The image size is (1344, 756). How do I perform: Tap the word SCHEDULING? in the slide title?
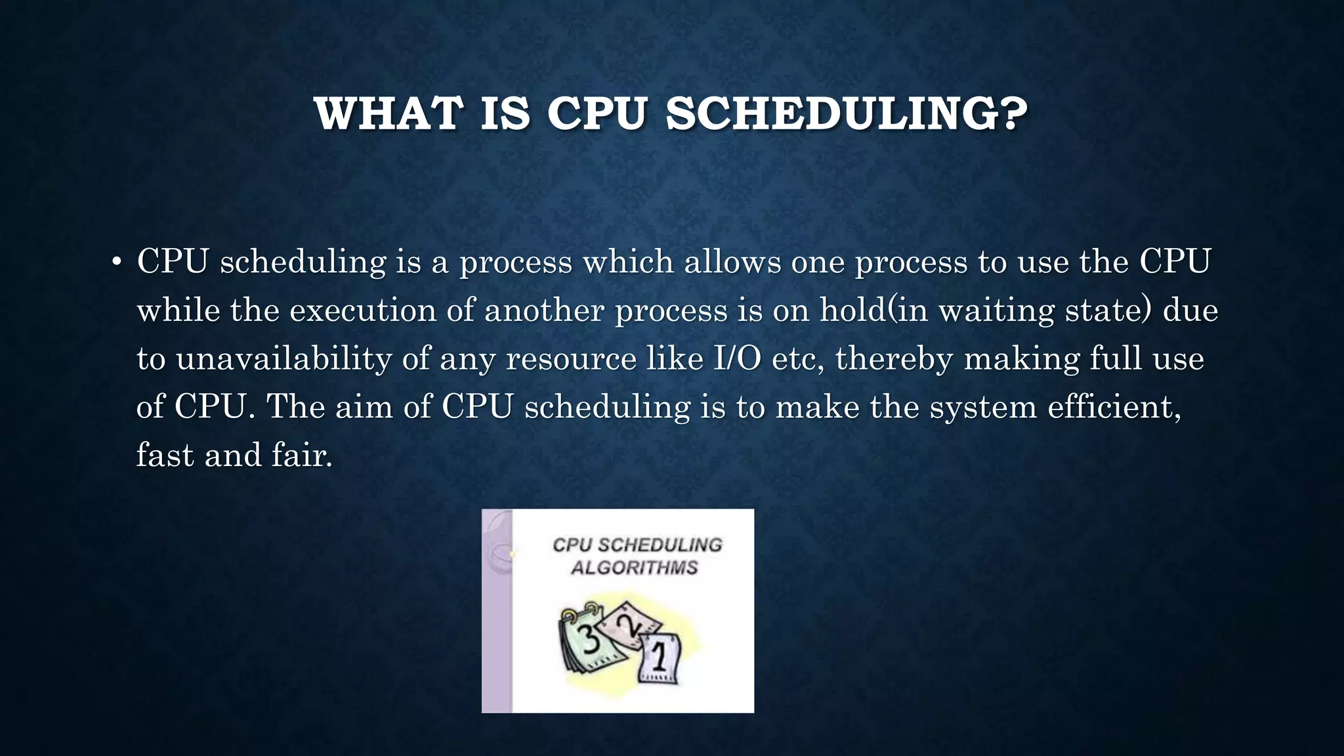[847, 114]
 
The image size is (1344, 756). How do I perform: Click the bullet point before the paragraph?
[116, 263]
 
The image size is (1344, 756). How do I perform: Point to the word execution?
[363, 310]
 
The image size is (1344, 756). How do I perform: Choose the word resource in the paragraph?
[571, 359]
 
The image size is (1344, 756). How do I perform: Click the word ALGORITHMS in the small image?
[634, 568]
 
